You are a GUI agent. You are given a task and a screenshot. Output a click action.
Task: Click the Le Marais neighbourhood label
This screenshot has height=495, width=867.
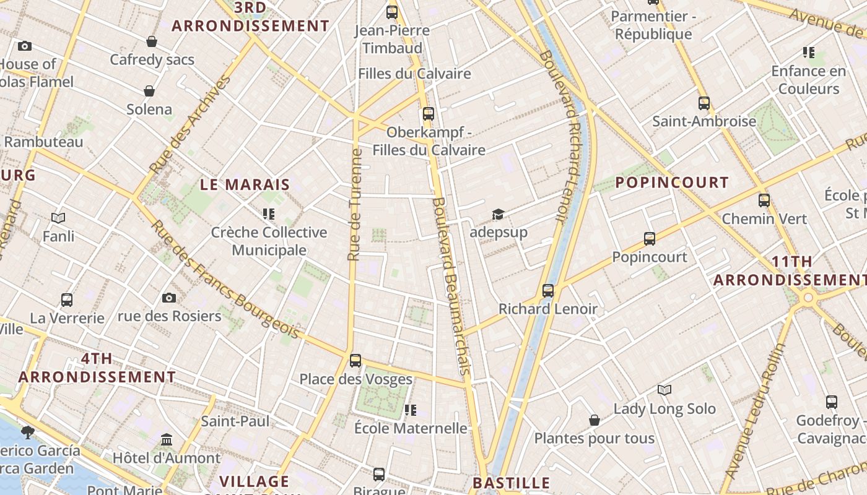coord(245,184)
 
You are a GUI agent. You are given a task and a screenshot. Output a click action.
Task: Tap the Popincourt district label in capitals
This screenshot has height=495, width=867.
coord(672,183)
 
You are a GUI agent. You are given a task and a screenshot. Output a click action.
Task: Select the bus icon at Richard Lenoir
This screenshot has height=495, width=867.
coord(547,290)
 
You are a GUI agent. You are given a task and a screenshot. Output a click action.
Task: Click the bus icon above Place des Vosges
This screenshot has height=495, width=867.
coord(355,360)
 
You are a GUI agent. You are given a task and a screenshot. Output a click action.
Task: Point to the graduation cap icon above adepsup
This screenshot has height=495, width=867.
coord(498,214)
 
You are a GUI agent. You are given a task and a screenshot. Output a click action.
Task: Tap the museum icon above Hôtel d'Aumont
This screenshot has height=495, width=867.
coord(167,440)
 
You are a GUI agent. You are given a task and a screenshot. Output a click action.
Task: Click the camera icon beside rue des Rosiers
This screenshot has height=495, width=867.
coord(168,298)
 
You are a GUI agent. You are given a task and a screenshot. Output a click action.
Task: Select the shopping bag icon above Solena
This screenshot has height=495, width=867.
coord(149,91)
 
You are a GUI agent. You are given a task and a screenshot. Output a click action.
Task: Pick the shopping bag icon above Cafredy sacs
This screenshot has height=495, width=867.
coord(152,41)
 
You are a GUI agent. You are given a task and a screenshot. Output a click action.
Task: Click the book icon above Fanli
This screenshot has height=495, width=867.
coord(58,218)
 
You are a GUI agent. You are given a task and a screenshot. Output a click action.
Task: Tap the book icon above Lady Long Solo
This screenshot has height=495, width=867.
coord(664,390)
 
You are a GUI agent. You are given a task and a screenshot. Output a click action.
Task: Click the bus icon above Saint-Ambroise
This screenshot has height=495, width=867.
coord(704,103)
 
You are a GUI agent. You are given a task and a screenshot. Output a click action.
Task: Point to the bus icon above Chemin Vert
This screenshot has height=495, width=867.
coord(764,200)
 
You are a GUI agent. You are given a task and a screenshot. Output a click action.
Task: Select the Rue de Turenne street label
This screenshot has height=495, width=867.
coord(354,204)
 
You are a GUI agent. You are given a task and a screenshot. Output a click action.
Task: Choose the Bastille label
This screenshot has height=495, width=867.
coord(511,483)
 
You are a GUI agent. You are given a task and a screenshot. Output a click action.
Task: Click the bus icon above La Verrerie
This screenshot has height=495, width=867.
coord(67,299)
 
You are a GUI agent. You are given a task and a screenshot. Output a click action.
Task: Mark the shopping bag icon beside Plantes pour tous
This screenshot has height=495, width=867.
coord(595,420)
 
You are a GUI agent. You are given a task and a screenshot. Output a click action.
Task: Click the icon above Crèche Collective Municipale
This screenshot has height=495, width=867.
coord(269,214)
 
